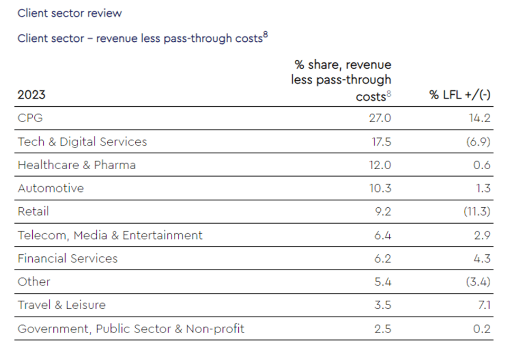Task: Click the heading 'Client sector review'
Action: (x=70, y=13)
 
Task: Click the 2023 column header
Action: (x=32, y=95)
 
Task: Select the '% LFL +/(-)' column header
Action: (x=460, y=95)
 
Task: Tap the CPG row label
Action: (x=30, y=118)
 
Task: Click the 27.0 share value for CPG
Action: (x=380, y=118)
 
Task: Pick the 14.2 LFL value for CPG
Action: (x=479, y=118)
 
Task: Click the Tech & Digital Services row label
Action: (x=82, y=142)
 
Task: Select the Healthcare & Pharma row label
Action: (x=77, y=165)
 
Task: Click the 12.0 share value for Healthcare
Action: (x=380, y=165)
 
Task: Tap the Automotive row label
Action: (x=51, y=188)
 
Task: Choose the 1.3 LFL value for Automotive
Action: (x=483, y=188)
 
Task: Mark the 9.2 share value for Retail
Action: (x=382, y=211)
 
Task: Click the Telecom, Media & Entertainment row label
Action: (x=110, y=235)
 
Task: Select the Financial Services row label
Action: (x=68, y=259)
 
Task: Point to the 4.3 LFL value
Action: (x=482, y=259)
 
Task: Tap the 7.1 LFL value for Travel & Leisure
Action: (x=483, y=305)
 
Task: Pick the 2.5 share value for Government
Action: (x=382, y=329)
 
